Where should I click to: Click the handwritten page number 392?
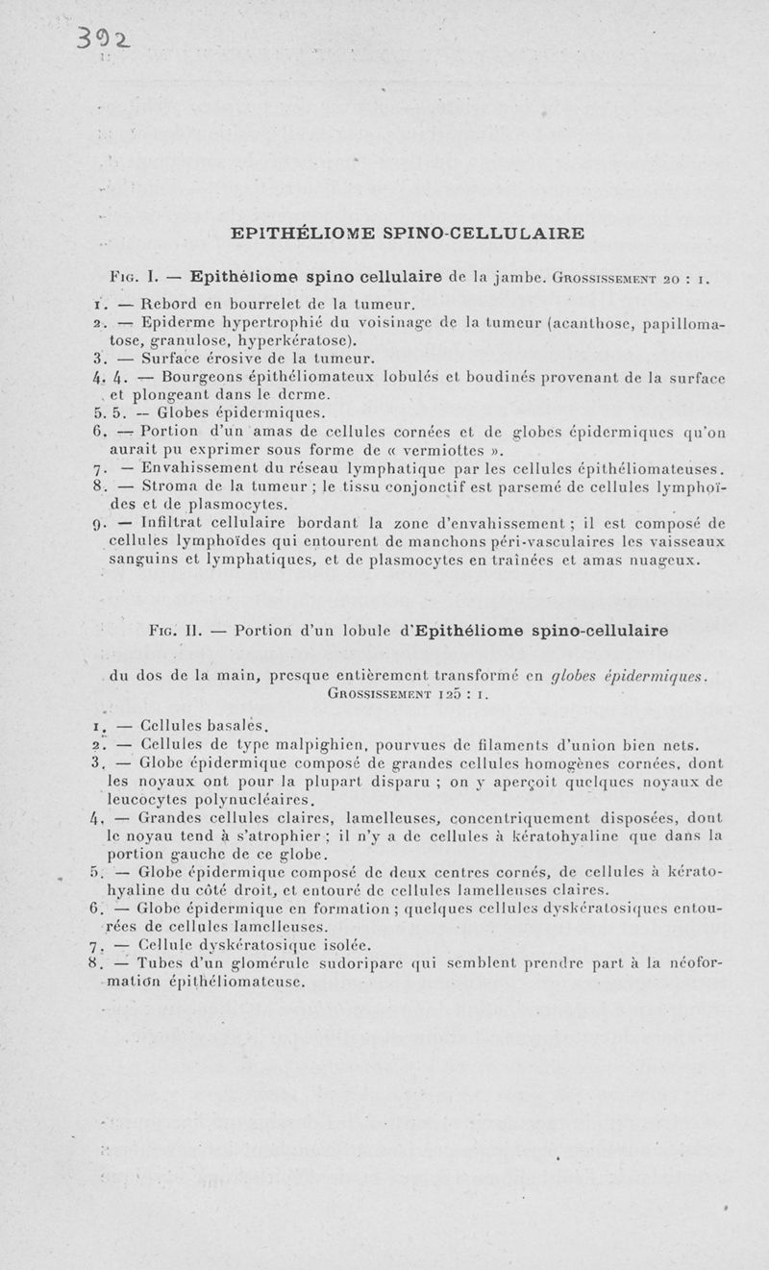(x=107, y=37)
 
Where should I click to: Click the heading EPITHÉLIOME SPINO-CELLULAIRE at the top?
(x=408, y=233)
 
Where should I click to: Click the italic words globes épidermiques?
(x=629, y=675)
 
